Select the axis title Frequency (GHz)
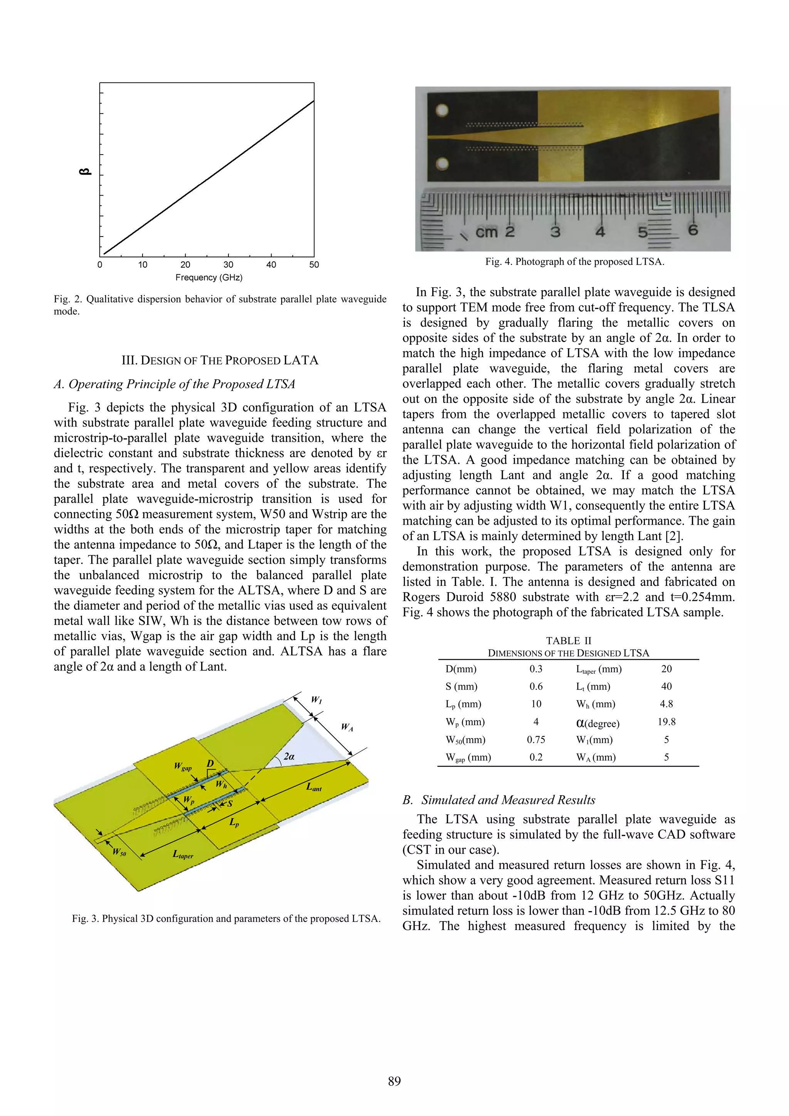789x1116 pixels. coord(208,277)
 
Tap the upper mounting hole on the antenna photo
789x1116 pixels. coord(442,110)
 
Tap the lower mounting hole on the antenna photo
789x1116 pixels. coord(442,164)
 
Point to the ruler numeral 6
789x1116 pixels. coord(693,230)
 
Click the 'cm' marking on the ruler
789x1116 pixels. coord(487,232)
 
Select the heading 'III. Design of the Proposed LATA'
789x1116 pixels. coord(220,360)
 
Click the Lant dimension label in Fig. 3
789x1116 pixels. coord(314,787)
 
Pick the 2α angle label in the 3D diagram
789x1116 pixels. coord(289,756)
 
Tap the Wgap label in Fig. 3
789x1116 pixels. coord(183,767)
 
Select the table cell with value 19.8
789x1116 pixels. coord(666,722)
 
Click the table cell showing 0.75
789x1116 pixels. coord(536,740)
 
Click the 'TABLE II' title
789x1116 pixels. coord(568,641)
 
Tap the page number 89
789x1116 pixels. coord(394,1081)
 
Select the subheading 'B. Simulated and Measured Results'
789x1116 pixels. coord(499,800)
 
